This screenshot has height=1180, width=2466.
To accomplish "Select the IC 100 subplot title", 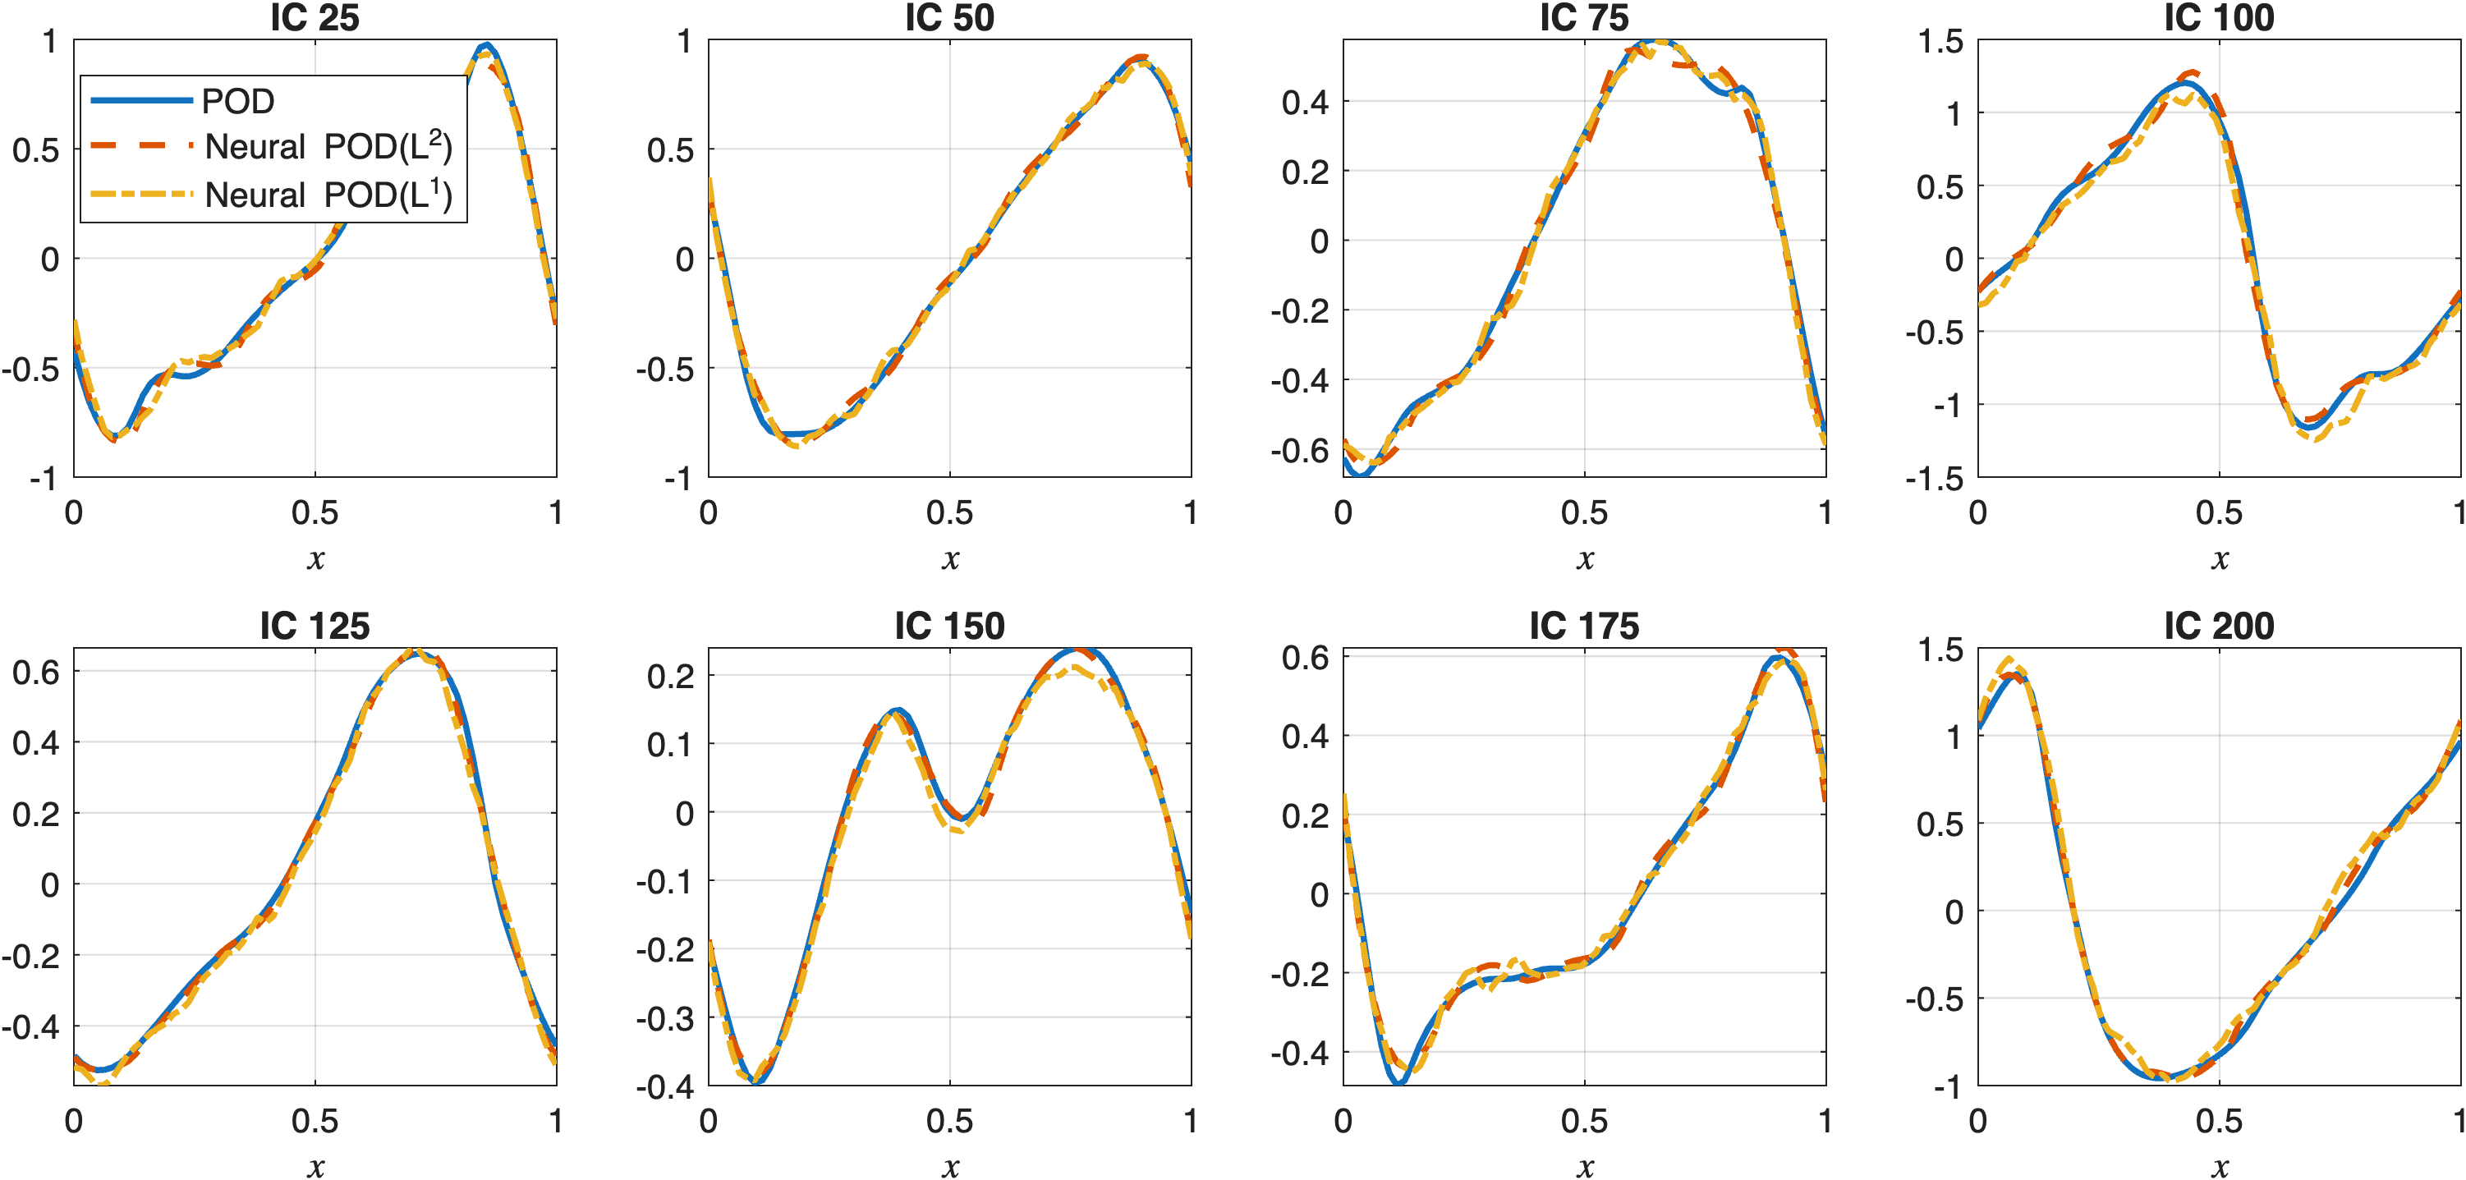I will click(x=2218, y=18).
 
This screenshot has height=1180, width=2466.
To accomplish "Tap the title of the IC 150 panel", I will click(x=948, y=626).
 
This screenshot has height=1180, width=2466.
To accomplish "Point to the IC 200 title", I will click(x=2218, y=626).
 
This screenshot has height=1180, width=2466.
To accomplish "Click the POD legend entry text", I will click(x=238, y=100).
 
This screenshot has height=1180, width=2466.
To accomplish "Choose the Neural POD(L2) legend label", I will click(x=328, y=146).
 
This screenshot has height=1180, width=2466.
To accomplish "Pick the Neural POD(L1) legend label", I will click(x=328, y=195).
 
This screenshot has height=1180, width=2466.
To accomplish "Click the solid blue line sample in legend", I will click(x=142, y=100).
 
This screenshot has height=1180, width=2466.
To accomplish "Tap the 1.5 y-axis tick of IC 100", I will click(x=1940, y=41).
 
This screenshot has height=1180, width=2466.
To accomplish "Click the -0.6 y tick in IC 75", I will click(x=1299, y=450).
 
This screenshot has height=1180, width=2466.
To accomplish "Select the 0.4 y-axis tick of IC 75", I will click(x=1305, y=102).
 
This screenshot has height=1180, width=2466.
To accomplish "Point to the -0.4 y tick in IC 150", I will click(x=664, y=1086).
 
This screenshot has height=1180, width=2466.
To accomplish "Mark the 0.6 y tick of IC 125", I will click(x=35, y=672).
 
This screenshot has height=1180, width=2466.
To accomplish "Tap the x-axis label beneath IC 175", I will click(x=1584, y=1167).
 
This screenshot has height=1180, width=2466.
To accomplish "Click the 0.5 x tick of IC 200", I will click(x=2218, y=1121).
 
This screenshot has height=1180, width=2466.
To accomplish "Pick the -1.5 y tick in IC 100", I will click(x=1934, y=478).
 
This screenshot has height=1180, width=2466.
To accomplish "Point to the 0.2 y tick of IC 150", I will click(x=670, y=677).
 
